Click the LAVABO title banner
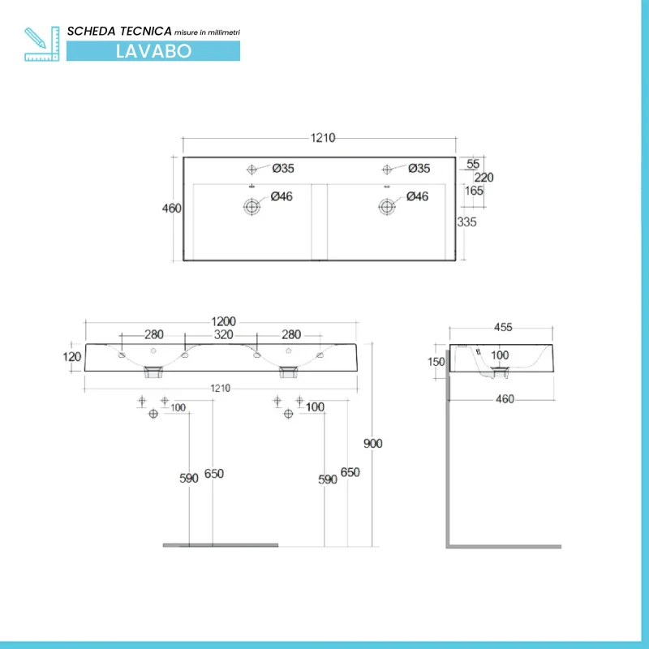tap(153, 49)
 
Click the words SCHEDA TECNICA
tap(119, 31)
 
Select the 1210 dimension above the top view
tap(321, 139)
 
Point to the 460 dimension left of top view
tap(171, 208)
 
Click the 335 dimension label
tap(466, 221)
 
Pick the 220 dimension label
tap(484, 178)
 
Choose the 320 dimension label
tap(223, 335)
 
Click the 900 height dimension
tap(372, 443)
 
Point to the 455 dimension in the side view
tap(502, 328)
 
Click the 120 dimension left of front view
tap(72, 356)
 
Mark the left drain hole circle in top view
tap(252, 206)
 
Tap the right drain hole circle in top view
tap(386, 206)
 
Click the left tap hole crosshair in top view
tap(251, 169)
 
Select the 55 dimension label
tap(473, 164)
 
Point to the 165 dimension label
tap(475, 191)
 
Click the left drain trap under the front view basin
tap(153, 372)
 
